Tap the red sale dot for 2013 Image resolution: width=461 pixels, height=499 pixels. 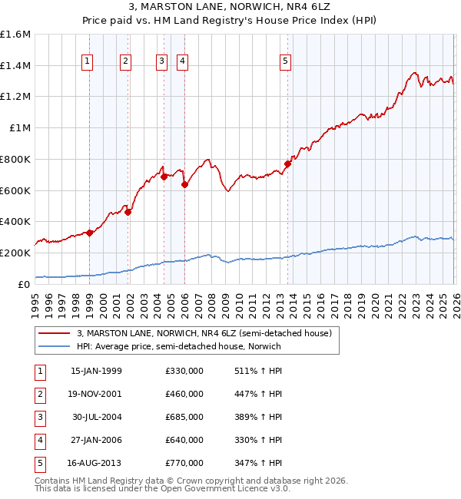(x=287, y=164)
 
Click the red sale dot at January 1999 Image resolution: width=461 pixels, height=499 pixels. (x=89, y=233)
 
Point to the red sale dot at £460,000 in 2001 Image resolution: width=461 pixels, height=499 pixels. (x=128, y=213)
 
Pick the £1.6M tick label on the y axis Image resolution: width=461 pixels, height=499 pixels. (x=15, y=35)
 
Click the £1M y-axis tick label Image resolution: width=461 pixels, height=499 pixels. (x=19, y=128)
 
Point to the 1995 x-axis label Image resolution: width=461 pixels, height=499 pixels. (x=35, y=299)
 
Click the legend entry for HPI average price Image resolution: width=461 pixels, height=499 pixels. (x=179, y=346)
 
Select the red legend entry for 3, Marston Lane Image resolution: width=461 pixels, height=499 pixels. (x=204, y=333)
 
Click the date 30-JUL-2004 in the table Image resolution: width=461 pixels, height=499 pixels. (x=96, y=417)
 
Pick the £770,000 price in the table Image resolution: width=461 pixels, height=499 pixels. (x=184, y=463)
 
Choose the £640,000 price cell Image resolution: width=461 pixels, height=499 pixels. (x=184, y=440)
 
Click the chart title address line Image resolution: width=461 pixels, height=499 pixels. (x=230, y=8)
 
